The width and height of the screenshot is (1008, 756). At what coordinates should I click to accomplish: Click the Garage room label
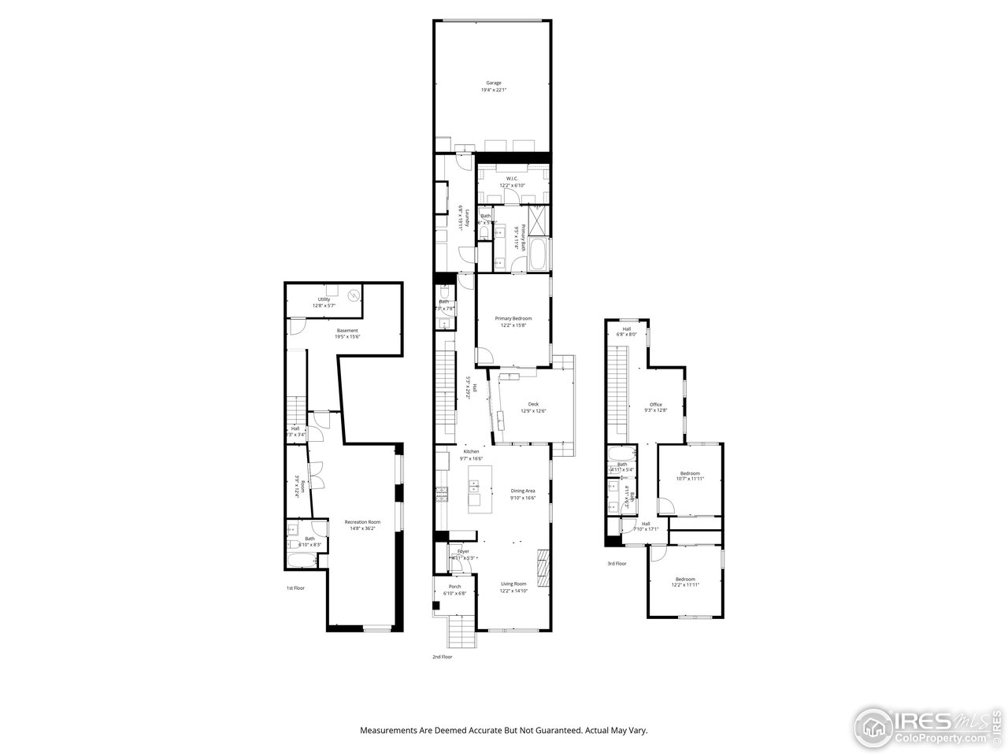(493, 83)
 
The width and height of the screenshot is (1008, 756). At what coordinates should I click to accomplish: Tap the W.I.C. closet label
(512, 178)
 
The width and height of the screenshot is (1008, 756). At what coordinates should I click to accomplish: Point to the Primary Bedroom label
(513, 318)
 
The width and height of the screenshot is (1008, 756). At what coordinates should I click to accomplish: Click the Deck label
(533, 404)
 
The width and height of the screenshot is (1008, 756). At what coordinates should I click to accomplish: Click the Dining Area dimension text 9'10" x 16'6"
(523, 498)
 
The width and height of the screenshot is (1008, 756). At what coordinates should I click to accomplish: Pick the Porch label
(454, 587)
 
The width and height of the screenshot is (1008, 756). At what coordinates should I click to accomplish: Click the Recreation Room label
(362, 521)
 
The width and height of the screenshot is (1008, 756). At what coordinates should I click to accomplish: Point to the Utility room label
(324, 299)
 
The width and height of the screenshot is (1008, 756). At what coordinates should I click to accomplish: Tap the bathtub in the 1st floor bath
(300, 560)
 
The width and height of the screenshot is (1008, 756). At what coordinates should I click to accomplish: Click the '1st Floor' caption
(295, 587)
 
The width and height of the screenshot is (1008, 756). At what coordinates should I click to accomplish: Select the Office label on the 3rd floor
(655, 404)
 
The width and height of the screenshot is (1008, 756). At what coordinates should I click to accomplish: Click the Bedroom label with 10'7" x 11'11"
(690, 472)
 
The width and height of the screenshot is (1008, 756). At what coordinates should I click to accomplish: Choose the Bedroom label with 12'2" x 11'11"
(685, 579)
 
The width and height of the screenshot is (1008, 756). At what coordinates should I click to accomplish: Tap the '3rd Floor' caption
(617, 563)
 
